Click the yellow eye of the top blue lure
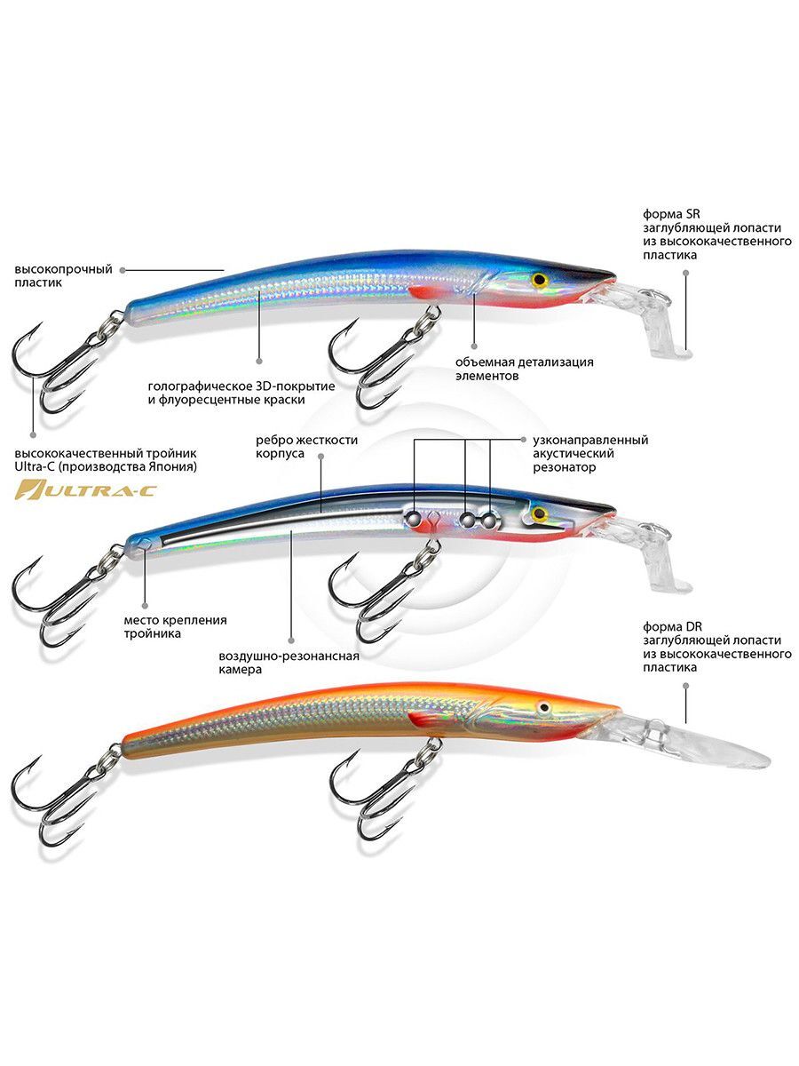539,279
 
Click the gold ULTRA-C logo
85,489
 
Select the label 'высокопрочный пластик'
63,275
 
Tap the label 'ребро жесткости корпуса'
306,447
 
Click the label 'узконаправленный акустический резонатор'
590,454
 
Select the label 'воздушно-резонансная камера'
289,663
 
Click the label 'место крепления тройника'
175,627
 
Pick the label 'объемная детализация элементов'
524,369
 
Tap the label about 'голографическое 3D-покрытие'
241,393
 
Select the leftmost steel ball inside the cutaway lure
414,518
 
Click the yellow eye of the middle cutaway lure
539,513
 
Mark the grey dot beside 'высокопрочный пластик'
123,269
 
